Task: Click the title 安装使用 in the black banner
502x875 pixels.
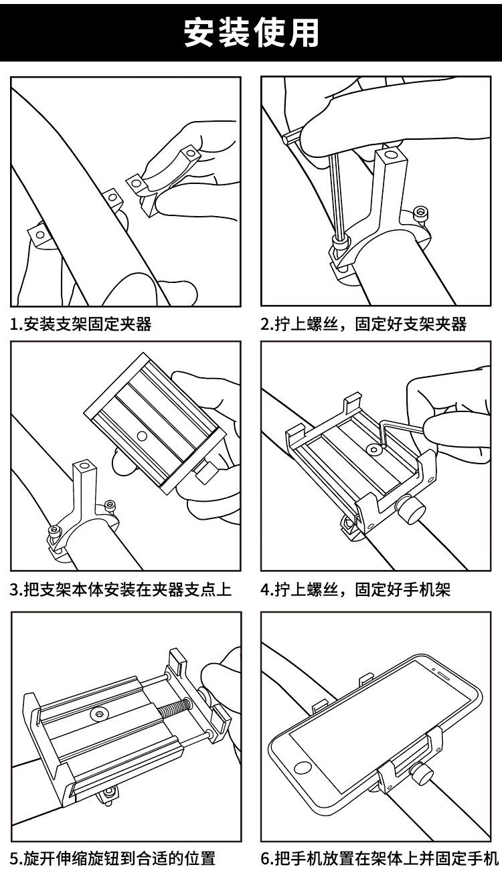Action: (251, 33)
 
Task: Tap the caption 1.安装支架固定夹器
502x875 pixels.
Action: (81, 324)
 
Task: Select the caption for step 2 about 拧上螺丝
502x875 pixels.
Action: (363, 324)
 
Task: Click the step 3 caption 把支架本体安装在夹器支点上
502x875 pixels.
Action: (120, 589)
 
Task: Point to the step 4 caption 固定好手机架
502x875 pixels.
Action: (403, 589)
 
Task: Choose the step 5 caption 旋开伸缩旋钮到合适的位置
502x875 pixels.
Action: (113, 858)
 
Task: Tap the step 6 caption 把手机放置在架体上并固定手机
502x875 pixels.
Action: (380, 858)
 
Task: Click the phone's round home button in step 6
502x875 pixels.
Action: (303, 768)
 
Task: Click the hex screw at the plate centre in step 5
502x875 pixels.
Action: (98, 713)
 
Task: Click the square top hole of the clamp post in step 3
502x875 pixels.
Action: (83, 466)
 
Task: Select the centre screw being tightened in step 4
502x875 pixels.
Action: (375, 450)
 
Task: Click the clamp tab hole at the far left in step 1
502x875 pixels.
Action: (39, 234)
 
